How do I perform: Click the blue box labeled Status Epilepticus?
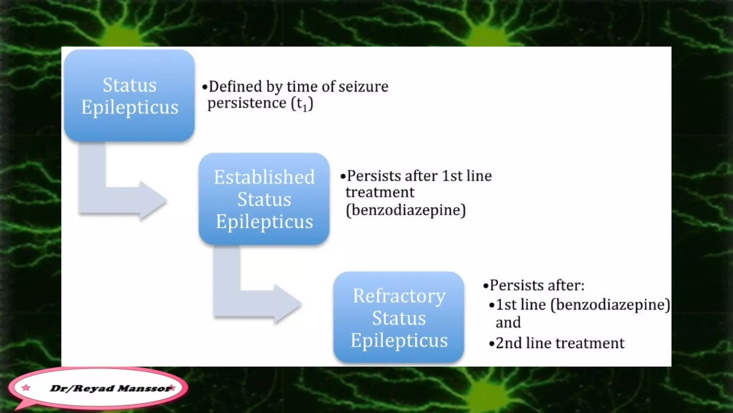[x=129, y=95]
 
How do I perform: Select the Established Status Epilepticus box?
[x=264, y=199]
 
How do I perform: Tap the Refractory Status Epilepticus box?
[x=399, y=318]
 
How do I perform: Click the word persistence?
[x=247, y=104]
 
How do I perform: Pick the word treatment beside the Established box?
[x=380, y=193]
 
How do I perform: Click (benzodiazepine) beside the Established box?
[x=406, y=210]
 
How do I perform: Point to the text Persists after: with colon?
[x=537, y=285]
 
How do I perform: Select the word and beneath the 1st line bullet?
[x=508, y=322]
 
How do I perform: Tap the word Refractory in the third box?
[x=399, y=296]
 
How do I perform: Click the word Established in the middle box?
[x=264, y=177]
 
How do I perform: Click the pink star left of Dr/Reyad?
[x=26, y=388]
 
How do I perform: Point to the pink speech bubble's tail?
[x=21, y=406]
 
